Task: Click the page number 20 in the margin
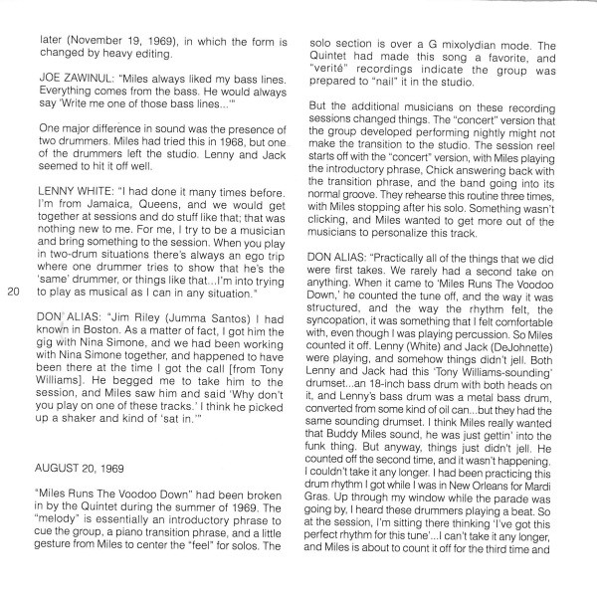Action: (13, 292)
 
